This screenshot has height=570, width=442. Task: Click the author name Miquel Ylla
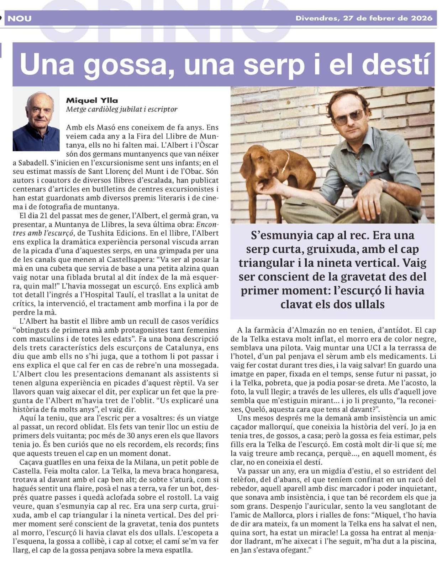92,101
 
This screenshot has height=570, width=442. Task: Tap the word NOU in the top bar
20,19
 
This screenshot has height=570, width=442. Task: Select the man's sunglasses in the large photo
349,117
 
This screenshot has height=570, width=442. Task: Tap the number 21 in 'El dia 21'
43,215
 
